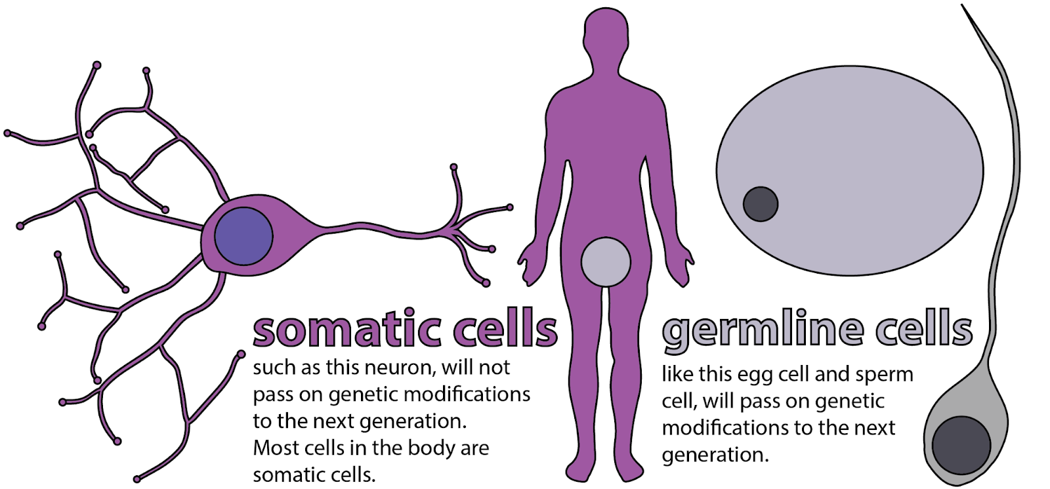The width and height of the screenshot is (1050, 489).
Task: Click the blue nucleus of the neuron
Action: pyautogui.click(x=243, y=236)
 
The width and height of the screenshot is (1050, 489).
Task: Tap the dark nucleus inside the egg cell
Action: pyautogui.click(x=761, y=203)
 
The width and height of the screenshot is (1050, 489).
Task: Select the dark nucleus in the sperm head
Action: pyautogui.click(x=961, y=444)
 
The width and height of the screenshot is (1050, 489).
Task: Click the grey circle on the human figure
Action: pyautogui.click(x=606, y=263)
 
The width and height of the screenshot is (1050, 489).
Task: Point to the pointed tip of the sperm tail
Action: pyautogui.click(x=963, y=7)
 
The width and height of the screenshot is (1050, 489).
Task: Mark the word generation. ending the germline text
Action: pyautogui.click(x=715, y=455)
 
